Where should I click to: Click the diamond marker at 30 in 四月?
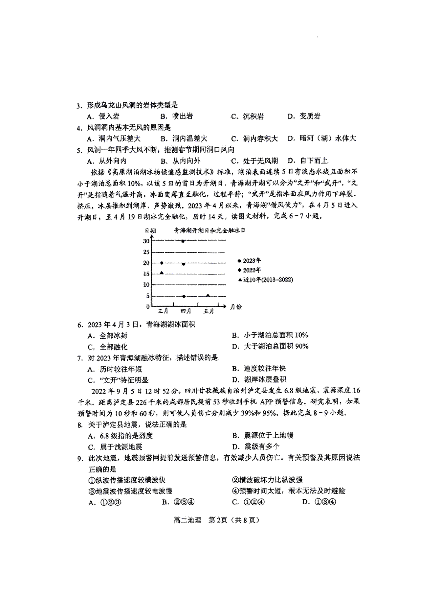click(183, 241)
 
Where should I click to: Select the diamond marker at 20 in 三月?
click(162, 263)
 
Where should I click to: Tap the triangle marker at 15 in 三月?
click(162, 273)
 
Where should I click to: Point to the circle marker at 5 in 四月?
click(184, 296)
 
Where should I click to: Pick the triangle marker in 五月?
click(208, 295)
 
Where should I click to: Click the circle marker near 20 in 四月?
click(184, 264)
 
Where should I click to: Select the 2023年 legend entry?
click(250, 261)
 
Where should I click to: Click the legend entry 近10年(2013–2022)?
click(266, 280)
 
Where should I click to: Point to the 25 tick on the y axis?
click(146, 252)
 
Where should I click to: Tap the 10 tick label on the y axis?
click(146, 285)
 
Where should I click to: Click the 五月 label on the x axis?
click(209, 311)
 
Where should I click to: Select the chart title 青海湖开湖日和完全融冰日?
click(210, 231)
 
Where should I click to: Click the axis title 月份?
click(236, 307)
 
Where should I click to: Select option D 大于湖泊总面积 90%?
click(270, 347)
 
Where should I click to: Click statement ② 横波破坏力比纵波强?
click(267, 480)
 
